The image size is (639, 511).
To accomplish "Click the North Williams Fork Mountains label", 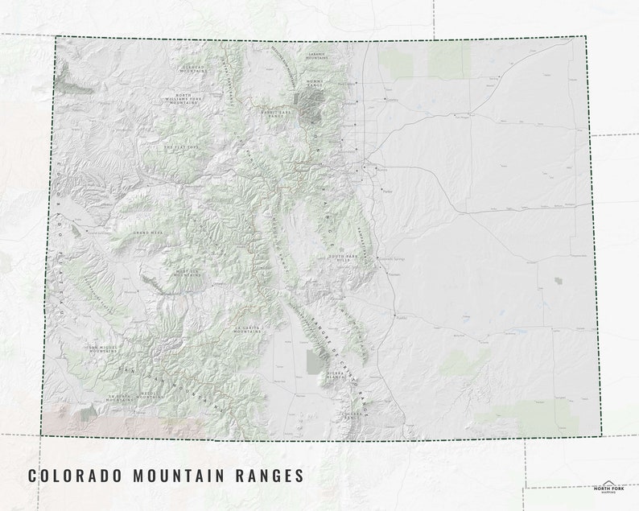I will [x=183, y=99].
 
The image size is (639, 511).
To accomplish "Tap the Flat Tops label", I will [x=179, y=147].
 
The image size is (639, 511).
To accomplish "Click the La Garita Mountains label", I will [x=247, y=330].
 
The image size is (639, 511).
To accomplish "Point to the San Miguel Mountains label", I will [x=102, y=349].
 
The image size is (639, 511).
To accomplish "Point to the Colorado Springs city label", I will [x=391, y=259].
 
